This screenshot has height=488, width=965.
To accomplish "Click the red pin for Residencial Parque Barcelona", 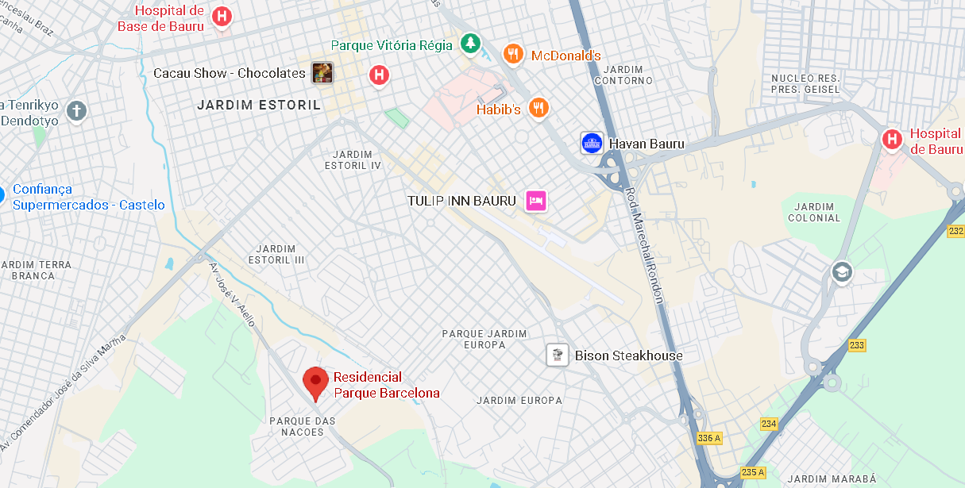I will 316,383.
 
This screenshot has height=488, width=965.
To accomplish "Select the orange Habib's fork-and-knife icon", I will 539,108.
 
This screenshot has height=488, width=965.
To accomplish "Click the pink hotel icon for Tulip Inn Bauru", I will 535,201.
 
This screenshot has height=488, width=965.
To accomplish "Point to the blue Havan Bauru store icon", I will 591,144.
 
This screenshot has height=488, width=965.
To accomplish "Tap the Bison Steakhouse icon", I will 558,355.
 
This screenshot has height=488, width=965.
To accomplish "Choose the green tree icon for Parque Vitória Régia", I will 471,44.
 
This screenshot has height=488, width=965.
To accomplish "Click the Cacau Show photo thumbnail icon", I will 322,73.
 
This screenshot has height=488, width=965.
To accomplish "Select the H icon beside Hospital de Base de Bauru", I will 223,16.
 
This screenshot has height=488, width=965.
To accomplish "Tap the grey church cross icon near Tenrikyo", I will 76,110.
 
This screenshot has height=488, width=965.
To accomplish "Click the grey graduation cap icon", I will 841,272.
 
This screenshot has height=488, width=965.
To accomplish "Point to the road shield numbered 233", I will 856,345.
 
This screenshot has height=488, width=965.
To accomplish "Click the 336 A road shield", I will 708,438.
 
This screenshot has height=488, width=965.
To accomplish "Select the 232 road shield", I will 955,231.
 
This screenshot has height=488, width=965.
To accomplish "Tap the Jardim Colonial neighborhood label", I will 814,212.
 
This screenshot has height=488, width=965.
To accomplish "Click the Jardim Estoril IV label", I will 353,159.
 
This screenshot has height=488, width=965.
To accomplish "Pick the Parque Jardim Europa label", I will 484,339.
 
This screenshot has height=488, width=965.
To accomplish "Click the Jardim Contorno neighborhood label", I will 623,75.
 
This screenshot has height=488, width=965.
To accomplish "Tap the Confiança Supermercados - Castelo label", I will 87,197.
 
